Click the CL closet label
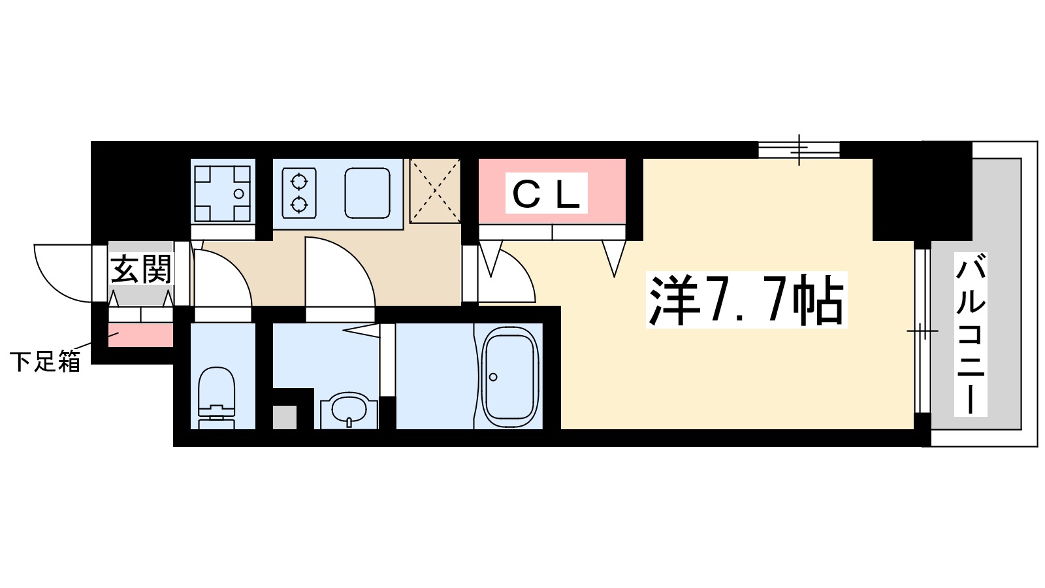pyautogui.click(x=546, y=193)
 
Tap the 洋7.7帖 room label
pyautogui.click(x=746, y=301)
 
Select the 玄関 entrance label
pyautogui.click(x=140, y=269)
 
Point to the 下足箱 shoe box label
pyautogui.click(x=44, y=361)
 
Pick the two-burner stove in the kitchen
pyautogui.click(x=299, y=193)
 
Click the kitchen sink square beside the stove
pyautogui.click(x=368, y=193)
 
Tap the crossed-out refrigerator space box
pyautogui.click(x=435, y=191)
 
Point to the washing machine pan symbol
pyautogui.click(x=222, y=193)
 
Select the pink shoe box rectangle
pyautogui.click(x=140, y=336)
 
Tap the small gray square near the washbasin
pyautogui.click(x=284, y=417)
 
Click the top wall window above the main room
pyautogui.click(x=799, y=150)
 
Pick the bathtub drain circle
pyautogui.click(x=493, y=377)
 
